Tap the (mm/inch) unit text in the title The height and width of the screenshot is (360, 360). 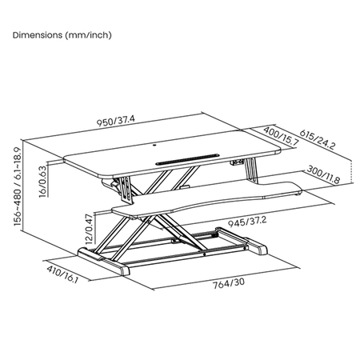[90, 34]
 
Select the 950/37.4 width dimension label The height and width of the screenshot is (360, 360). [115, 122]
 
